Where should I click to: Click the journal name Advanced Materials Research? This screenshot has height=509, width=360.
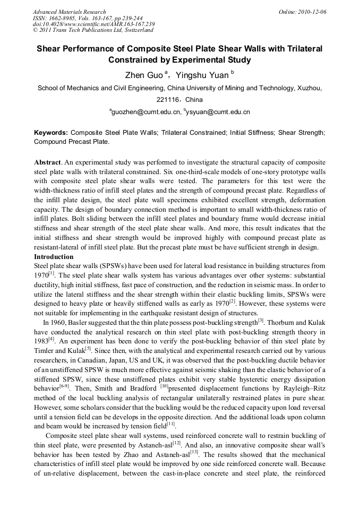69,12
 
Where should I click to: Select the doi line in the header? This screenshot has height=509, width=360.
93,24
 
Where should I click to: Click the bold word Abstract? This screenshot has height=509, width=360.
47,161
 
